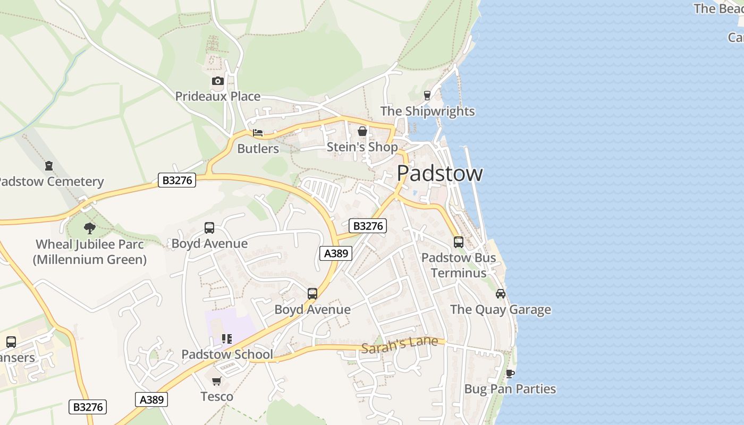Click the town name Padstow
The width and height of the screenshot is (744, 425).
tap(439, 174)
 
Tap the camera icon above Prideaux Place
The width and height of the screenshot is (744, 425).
tap(217, 81)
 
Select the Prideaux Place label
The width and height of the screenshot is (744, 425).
tap(218, 97)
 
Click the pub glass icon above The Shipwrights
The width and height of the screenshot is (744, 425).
tap(427, 96)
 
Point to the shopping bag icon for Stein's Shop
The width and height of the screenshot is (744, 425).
tap(362, 131)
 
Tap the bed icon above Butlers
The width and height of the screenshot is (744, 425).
tap(258, 133)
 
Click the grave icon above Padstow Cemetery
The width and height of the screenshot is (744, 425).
tap(49, 166)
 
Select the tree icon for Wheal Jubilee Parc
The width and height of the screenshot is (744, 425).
tap(89, 228)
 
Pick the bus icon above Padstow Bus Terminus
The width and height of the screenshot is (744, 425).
tap(458, 242)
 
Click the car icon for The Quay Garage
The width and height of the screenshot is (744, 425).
tap(500, 294)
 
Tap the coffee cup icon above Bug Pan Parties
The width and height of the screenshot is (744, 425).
tap(510, 373)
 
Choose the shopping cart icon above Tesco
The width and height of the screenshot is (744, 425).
tap(216, 381)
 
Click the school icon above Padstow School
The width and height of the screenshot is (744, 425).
tap(227, 339)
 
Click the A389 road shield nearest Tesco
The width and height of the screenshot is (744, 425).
tap(151, 399)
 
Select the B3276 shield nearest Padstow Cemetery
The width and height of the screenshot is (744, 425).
tap(177, 181)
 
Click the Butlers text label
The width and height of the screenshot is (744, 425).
tap(258, 149)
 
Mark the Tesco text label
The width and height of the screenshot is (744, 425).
tap(217, 397)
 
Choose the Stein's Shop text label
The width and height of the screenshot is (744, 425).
tap(362, 147)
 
